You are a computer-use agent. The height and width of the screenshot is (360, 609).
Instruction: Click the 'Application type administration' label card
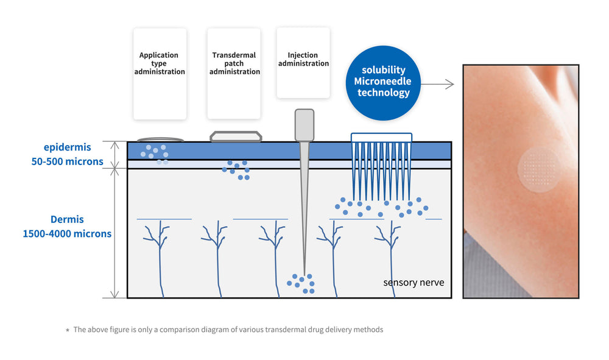pyautogui.click(x=160, y=74)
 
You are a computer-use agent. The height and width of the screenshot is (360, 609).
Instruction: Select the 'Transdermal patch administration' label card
pyautogui.click(x=234, y=74)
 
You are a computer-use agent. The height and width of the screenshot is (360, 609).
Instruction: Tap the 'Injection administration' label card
pyautogui.click(x=303, y=63)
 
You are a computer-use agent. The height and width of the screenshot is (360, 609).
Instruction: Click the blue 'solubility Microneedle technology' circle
pyautogui.click(x=384, y=82)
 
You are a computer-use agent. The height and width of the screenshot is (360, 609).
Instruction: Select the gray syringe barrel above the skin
pyautogui.click(x=304, y=124)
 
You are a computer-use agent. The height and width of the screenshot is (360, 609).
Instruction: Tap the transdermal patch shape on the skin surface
pyautogui.click(x=236, y=136)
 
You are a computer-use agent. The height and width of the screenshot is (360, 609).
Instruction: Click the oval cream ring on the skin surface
pyautogui.click(x=160, y=139)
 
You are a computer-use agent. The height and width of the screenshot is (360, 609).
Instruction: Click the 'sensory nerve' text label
pyautogui.click(x=414, y=283)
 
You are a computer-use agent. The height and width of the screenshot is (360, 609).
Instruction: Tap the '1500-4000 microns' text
pyautogui.click(x=67, y=233)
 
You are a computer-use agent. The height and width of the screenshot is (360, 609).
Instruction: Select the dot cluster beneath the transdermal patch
pyautogui.click(x=235, y=170)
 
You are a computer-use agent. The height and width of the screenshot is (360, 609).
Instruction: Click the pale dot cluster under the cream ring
pyautogui.click(x=154, y=152)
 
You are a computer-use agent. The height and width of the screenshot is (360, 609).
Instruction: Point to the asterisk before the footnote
pyautogui.click(x=68, y=330)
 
